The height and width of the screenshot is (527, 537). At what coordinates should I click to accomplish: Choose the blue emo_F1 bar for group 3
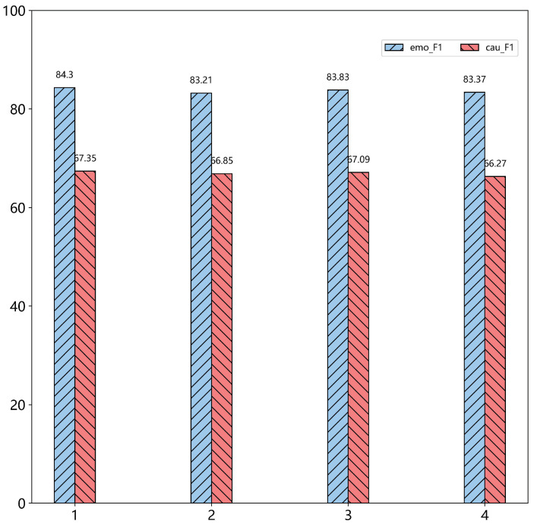pyautogui.click(x=337, y=296)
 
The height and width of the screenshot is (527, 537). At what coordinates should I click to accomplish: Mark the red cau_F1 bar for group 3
pyautogui.click(x=359, y=337)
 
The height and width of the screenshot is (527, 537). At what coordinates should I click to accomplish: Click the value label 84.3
pyautogui.click(x=65, y=75)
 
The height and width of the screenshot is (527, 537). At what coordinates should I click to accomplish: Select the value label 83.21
pyautogui.click(x=201, y=80)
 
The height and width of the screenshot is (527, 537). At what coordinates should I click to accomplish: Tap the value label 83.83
pyautogui.click(x=337, y=77)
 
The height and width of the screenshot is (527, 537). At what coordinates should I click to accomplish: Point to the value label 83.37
pyautogui.click(x=474, y=80)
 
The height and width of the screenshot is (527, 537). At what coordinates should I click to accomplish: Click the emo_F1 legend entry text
pyautogui.click(x=426, y=48)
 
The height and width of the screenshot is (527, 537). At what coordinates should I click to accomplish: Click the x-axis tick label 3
pyautogui.click(x=348, y=516)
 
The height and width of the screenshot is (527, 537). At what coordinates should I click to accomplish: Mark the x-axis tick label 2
pyautogui.click(x=211, y=516)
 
